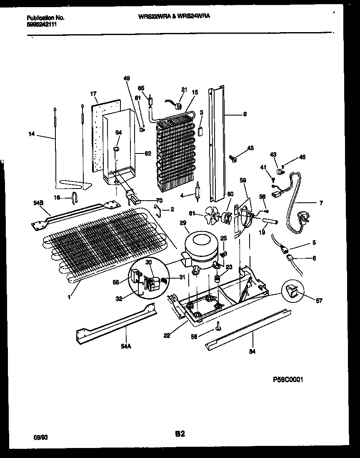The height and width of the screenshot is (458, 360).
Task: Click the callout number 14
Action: (x=32, y=135)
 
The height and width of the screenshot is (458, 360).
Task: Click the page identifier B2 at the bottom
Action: (x=180, y=434)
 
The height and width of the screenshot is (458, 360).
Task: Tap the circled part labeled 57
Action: (x=295, y=294)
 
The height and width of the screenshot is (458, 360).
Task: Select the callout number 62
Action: (x=147, y=153)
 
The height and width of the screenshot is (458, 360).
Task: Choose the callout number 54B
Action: (x=37, y=203)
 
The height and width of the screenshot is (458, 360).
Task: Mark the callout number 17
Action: (x=93, y=94)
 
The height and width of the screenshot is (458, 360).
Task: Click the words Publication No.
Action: (x=45, y=18)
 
